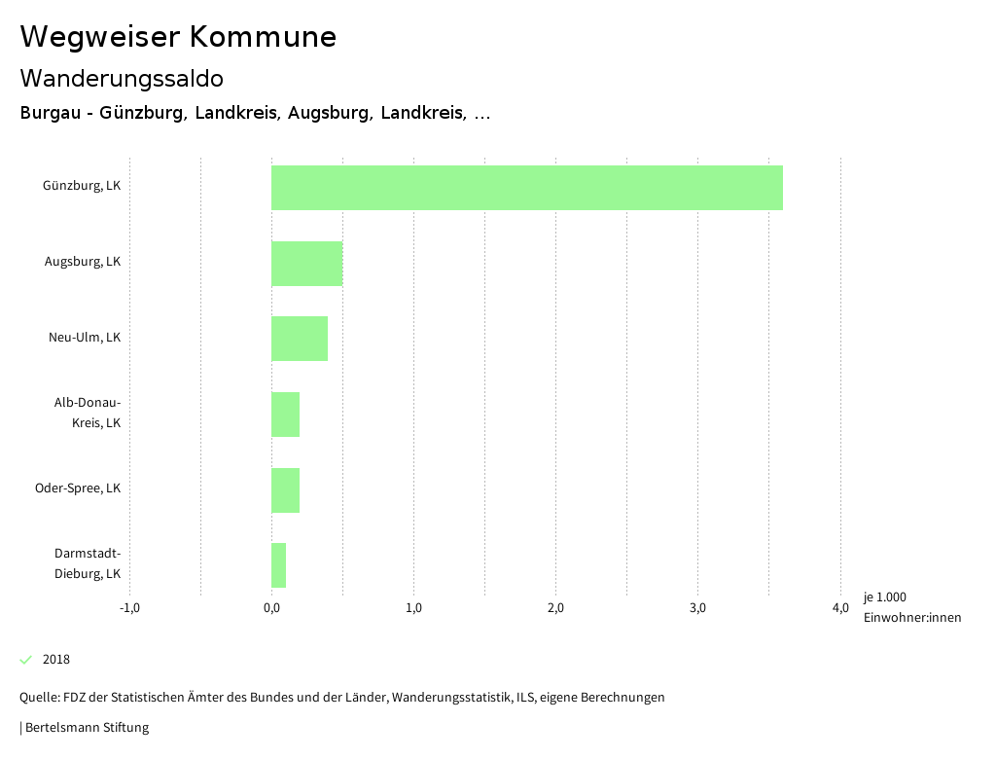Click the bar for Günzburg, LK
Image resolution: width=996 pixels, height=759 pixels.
[x=526, y=188]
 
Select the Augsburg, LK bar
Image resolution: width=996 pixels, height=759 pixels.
[x=306, y=263]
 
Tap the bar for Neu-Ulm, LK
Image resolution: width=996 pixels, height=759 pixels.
[x=300, y=339]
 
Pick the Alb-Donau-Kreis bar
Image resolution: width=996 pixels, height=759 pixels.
[x=285, y=415]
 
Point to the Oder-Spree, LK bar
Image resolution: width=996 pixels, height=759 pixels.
[x=285, y=489]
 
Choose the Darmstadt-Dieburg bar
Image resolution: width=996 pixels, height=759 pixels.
[x=278, y=565]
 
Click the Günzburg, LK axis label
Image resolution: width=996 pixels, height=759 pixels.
[x=82, y=186]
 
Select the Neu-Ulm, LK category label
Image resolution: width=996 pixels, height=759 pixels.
[x=85, y=338]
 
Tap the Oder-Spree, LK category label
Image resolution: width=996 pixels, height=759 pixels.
[x=78, y=488]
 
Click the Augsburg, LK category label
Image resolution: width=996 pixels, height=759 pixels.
[x=83, y=262]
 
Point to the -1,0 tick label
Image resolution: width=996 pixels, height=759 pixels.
[x=129, y=608]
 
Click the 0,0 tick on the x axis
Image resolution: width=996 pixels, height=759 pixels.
[x=271, y=608]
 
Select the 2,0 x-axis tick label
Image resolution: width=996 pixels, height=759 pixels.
[x=555, y=608]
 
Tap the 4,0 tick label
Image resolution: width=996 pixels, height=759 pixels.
[x=839, y=608]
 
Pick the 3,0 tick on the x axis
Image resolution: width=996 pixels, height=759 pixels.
[x=697, y=608]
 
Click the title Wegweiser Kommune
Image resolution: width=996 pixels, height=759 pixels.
[x=178, y=37]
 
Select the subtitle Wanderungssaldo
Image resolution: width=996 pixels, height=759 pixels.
[x=122, y=78]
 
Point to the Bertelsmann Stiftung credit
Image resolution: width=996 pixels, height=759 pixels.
[x=86, y=728]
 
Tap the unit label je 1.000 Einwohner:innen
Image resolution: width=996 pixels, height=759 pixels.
[x=911, y=607]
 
